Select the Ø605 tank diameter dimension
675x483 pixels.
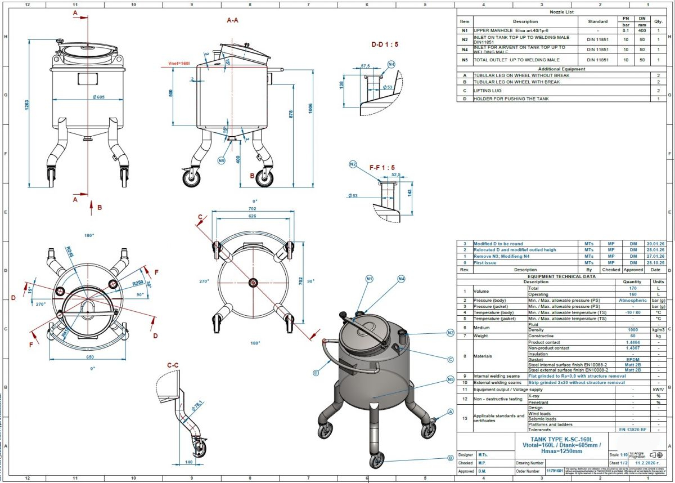point(98,97)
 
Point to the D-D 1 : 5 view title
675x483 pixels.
point(385,44)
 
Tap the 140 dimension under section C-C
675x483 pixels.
point(189,462)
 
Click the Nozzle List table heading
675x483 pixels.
point(562,11)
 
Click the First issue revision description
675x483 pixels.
point(485,263)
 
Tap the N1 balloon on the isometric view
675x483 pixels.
point(370,279)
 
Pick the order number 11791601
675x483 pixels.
point(555,471)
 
